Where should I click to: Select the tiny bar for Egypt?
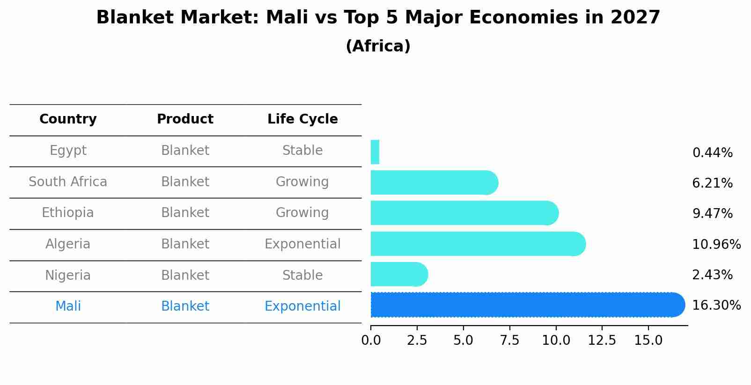pos(375,152)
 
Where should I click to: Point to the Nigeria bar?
pos(398,274)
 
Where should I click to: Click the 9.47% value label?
pos(712,214)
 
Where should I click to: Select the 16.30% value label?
pos(716,305)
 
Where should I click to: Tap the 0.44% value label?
pos(712,153)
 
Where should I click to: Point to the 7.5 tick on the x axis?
pos(509,341)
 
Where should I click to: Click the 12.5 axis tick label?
pos(602,341)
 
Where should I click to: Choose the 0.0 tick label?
pos(371,341)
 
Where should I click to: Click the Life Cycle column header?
pos(302,119)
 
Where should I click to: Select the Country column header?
pos(68,119)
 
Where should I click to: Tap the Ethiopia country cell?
pos(68,213)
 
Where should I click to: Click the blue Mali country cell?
pos(68,306)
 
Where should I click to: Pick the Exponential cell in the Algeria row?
pos(302,244)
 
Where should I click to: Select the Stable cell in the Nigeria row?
pos(302,275)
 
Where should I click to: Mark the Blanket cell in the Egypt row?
pos(185,151)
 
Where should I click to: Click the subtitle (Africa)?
pos(378,46)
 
